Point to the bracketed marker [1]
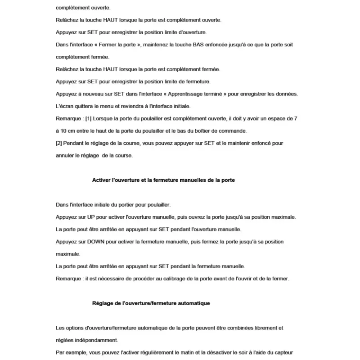coord(89,118)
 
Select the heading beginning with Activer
coord(163,180)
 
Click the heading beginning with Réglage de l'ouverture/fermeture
coord(151,303)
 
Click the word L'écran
coord(64,106)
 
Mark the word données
coord(286,94)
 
